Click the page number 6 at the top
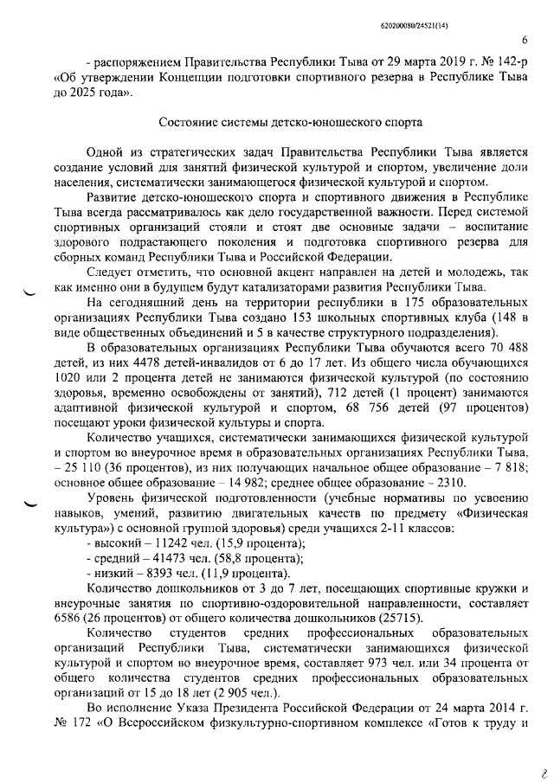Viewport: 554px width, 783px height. [x=525, y=38]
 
